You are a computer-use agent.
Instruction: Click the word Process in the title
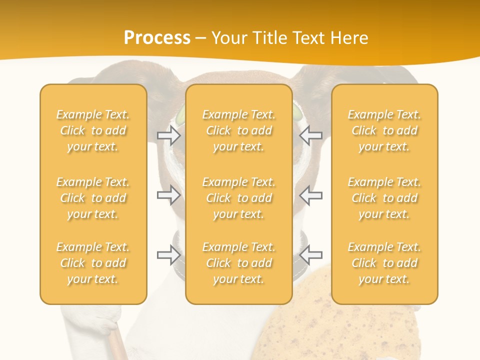click(157, 37)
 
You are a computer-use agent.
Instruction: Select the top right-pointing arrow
click(168, 135)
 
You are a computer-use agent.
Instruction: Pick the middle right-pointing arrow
click(168, 195)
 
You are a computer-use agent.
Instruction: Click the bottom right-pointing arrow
click(168, 255)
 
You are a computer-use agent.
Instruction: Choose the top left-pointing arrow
click(311, 135)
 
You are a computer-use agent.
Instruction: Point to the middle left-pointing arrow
click(311, 195)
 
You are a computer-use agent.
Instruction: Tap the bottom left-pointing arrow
click(311, 255)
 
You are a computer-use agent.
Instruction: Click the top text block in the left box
click(93, 130)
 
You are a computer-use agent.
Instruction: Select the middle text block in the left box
click(93, 198)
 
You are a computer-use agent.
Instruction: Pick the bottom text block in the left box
click(93, 263)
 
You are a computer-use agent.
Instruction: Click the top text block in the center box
click(239, 130)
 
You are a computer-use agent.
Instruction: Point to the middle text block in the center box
click(239, 198)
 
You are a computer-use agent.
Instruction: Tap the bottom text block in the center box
click(239, 263)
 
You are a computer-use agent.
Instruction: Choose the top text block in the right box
click(384, 130)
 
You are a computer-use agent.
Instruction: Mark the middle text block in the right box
click(384, 198)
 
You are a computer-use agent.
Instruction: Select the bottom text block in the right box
click(384, 263)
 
